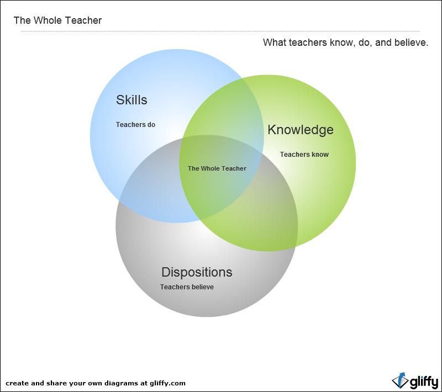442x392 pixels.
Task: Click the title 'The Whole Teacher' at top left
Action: tap(57, 20)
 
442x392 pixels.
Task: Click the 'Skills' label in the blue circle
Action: tap(131, 100)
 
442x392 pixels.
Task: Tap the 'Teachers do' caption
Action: tap(135, 124)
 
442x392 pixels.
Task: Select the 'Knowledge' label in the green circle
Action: tap(301, 130)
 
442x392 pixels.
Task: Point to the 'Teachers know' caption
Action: tap(304, 155)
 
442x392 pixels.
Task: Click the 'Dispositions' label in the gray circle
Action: tap(197, 272)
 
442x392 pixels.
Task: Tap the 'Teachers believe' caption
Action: tap(187, 287)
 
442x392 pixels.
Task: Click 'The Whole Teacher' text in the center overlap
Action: tap(217, 168)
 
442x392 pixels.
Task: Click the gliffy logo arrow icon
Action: tap(400, 380)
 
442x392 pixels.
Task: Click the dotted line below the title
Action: tap(220, 31)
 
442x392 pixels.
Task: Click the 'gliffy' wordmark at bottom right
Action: tap(424, 382)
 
